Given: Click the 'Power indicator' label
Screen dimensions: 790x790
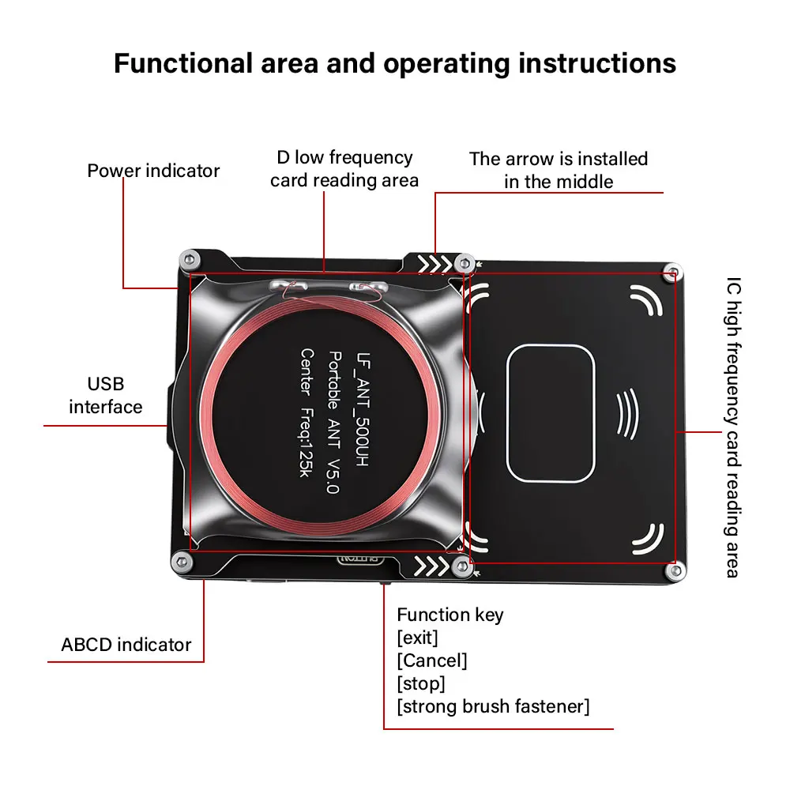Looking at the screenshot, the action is [x=153, y=171].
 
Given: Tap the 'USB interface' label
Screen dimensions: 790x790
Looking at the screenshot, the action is [x=106, y=395].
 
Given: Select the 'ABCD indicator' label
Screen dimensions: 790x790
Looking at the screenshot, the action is [x=126, y=645].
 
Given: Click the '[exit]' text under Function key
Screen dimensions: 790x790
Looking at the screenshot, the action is [x=417, y=638].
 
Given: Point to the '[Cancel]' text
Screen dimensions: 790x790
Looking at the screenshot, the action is [x=432, y=660].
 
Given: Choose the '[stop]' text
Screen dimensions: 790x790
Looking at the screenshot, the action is [x=421, y=683].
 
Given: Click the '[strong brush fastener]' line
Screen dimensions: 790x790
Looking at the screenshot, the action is [x=493, y=706].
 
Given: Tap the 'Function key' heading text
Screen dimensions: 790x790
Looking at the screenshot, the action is [x=450, y=615].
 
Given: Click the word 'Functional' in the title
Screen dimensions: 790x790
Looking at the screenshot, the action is [x=183, y=63].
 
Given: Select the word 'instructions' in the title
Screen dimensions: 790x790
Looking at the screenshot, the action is [x=597, y=64].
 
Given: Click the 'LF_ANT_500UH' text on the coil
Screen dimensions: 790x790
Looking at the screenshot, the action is [x=363, y=409].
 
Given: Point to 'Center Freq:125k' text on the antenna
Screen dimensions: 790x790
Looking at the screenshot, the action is [x=307, y=412].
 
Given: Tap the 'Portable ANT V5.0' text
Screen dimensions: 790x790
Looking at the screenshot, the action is [x=334, y=422].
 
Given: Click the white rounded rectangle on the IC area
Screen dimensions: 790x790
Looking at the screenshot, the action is [x=551, y=413].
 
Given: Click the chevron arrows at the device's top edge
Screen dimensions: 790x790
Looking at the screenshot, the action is [x=434, y=264].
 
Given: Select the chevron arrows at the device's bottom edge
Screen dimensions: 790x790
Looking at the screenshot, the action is [x=431, y=566].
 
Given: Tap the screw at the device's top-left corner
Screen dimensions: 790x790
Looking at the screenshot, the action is [x=190, y=260].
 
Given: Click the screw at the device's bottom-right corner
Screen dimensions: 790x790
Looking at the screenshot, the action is [x=675, y=571].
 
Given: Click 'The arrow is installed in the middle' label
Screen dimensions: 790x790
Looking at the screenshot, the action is [x=559, y=171].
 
